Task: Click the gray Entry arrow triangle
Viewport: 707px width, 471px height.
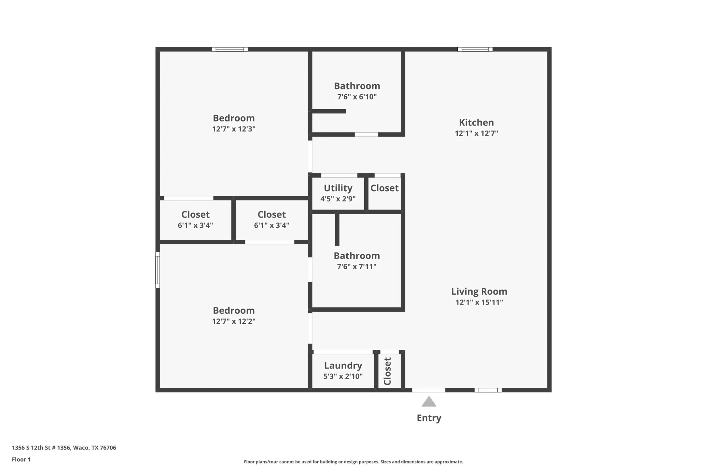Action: point(429,402)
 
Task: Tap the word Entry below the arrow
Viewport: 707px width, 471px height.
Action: point(429,418)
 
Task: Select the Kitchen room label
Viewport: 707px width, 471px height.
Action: point(476,123)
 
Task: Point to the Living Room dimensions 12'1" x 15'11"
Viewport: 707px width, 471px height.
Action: point(479,302)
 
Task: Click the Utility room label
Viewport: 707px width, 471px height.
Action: point(338,188)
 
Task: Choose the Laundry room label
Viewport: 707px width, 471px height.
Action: point(343,366)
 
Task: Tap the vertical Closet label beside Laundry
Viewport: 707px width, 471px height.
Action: point(387,371)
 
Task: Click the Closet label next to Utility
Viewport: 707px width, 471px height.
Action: point(384,188)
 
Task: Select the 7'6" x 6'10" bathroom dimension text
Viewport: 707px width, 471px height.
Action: point(357,97)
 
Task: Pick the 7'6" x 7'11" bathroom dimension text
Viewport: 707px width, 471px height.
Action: point(356,266)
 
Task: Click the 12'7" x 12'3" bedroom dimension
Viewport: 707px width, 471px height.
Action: point(234,129)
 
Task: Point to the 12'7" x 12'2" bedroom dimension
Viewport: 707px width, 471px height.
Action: point(234,321)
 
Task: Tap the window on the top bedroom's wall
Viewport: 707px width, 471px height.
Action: point(230,49)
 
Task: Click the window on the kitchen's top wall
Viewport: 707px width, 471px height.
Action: point(475,49)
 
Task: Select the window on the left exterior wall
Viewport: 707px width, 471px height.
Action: point(158,270)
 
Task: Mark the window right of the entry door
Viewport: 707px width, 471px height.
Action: point(488,390)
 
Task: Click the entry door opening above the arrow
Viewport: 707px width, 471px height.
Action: point(428,390)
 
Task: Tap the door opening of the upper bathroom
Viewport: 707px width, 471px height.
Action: point(366,134)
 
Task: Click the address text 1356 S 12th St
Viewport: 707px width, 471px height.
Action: point(64,448)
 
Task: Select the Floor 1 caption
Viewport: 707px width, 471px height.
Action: point(21,459)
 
